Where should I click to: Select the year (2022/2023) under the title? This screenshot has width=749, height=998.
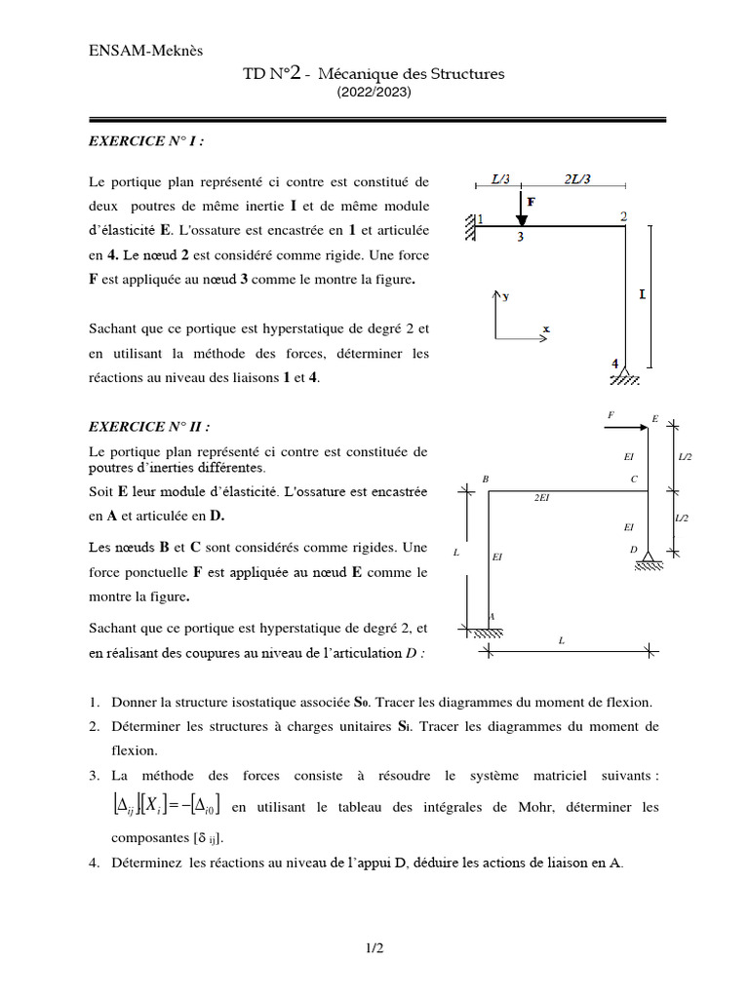click(374, 93)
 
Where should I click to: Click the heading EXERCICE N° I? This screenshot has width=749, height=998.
click(146, 140)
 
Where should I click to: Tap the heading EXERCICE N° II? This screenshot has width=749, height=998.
click(148, 426)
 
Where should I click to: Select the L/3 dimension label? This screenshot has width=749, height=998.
click(500, 179)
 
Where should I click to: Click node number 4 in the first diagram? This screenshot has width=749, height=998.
click(614, 363)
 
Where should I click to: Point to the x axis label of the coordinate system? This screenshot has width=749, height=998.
click(545, 329)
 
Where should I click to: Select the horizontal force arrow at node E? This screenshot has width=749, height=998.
click(628, 426)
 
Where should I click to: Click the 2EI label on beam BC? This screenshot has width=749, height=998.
click(541, 497)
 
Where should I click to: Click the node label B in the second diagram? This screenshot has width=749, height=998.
click(486, 479)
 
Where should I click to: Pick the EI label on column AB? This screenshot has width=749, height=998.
click(497, 557)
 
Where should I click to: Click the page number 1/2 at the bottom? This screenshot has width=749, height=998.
click(374, 946)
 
